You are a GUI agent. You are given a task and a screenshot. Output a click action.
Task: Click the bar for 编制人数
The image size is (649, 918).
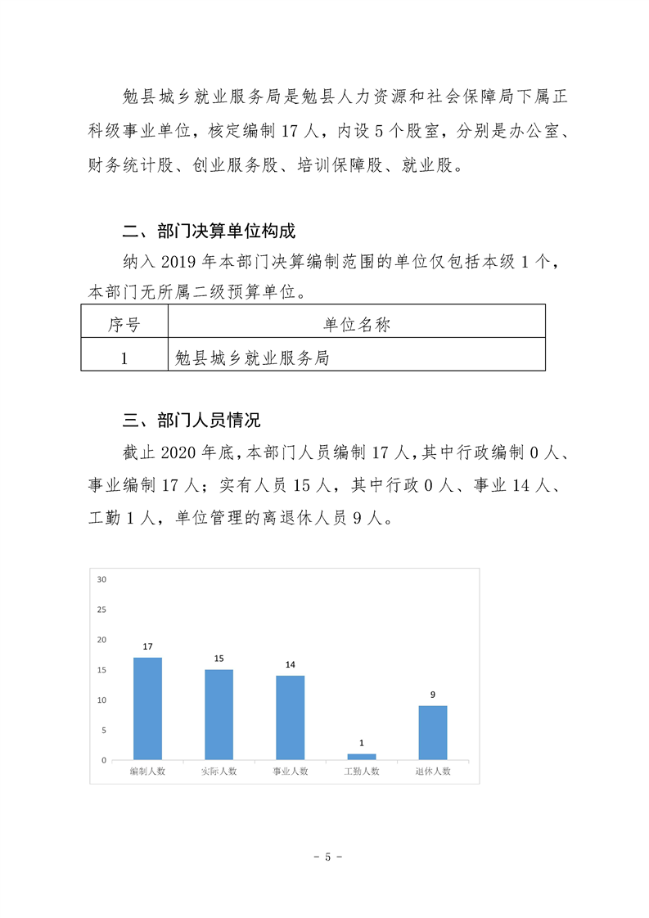click(x=147, y=709)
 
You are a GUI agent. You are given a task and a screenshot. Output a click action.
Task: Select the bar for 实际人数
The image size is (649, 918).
click(x=219, y=714)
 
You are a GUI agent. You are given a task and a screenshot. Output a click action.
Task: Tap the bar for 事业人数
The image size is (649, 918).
click(x=290, y=718)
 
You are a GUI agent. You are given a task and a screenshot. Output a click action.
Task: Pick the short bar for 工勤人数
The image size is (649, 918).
click(x=361, y=757)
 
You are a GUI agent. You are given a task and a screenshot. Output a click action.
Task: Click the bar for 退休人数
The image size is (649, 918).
click(x=433, y=732)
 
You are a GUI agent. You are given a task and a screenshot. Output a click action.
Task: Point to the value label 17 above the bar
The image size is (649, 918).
click(x=147, y=646)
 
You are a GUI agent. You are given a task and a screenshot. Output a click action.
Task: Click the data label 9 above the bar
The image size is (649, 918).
click(x=433, y=695)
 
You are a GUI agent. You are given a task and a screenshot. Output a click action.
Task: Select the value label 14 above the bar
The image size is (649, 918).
click(x=290, y=664)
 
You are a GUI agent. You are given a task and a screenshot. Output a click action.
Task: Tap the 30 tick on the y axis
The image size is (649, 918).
click(x=102, y=579)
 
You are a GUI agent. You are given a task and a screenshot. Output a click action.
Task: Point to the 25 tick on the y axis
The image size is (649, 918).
click(x=102, y=610)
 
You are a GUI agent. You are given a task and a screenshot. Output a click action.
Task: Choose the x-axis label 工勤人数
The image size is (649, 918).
click(x=361, y=772)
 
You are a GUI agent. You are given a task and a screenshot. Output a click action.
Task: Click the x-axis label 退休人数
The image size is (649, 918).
click(x=433, y=772)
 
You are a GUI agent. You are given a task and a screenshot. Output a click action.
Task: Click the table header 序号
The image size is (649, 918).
click(x=124, y=325)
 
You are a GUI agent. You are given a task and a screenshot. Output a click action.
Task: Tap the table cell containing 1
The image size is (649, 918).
click(x=124, y=358)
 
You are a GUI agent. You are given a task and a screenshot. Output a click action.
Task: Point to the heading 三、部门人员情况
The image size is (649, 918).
click(x=191, y=421)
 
